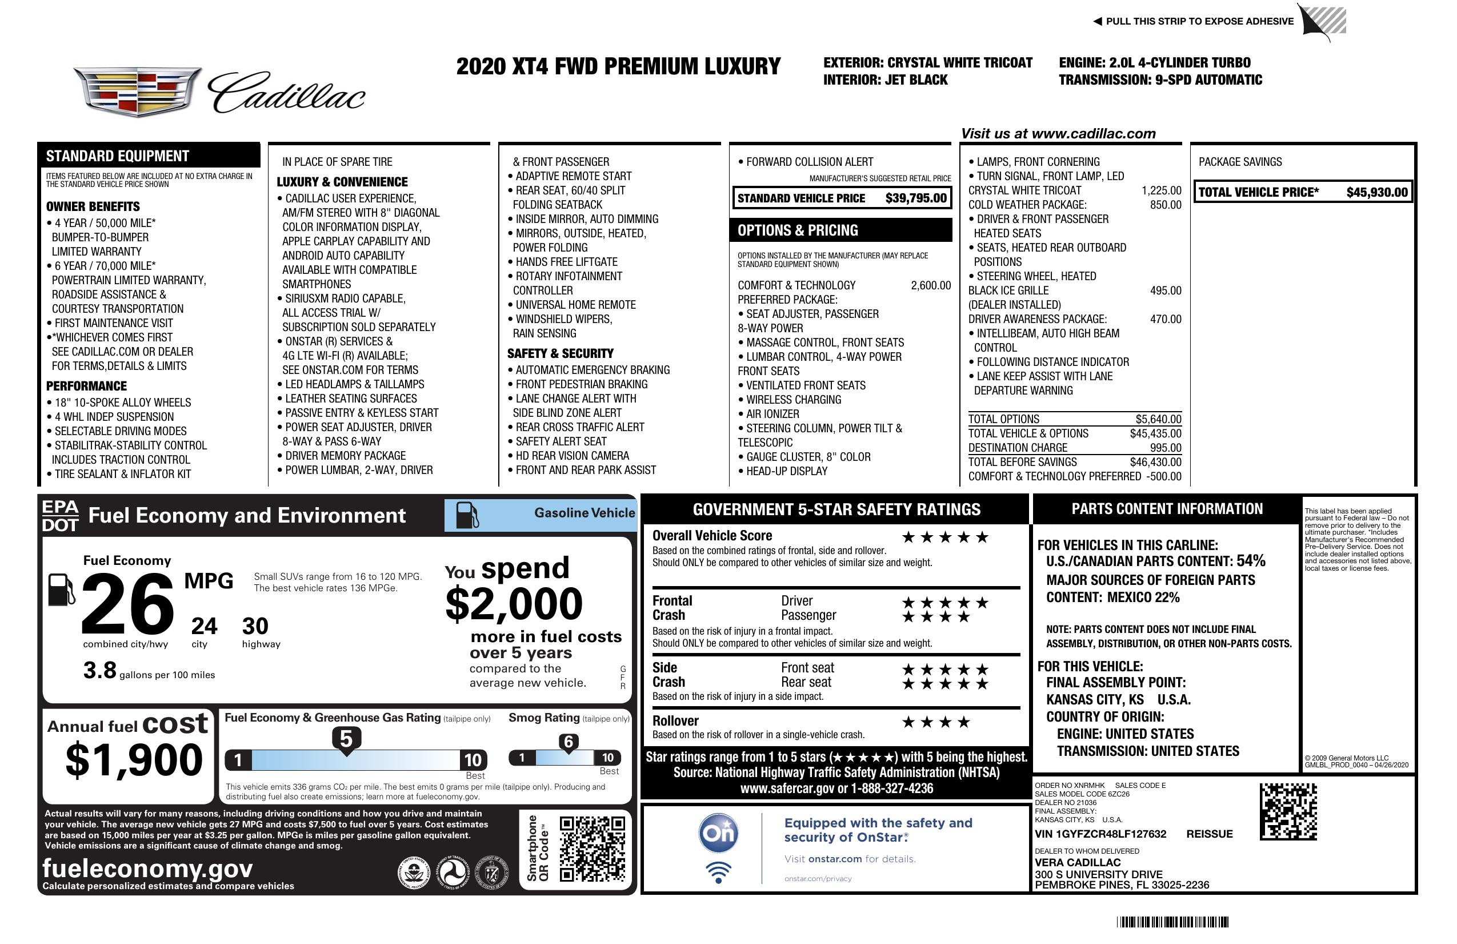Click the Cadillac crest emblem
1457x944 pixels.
137,91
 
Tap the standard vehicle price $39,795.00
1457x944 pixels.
915,198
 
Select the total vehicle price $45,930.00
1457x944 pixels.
1376,192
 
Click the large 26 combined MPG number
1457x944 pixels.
127,604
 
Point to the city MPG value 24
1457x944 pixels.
204,626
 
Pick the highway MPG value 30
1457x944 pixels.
255,626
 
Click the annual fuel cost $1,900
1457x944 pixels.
134,760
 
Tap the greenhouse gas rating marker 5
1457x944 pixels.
346,739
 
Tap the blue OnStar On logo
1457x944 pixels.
718,833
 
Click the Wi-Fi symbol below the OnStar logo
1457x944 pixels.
718,872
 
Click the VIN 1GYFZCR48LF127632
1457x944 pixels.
1100,834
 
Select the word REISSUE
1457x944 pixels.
1209,834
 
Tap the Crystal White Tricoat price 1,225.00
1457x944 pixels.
1160,190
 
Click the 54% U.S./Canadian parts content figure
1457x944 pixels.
1250,560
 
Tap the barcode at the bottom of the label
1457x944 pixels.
1172,922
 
